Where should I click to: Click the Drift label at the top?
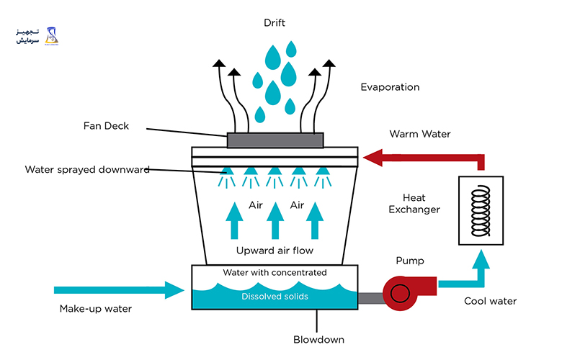coord(275,23)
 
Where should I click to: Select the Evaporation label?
coord(390,87)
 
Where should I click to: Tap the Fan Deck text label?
coord(106,126)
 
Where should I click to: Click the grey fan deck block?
coord(275,140)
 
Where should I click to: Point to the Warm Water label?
coord(420,134)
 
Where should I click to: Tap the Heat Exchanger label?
coord(414,204)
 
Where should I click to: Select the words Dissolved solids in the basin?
coord(275,296)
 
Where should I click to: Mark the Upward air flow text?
coord(275,251)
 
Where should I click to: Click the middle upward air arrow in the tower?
coord(275,220)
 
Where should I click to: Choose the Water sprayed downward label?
coord(87,170)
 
